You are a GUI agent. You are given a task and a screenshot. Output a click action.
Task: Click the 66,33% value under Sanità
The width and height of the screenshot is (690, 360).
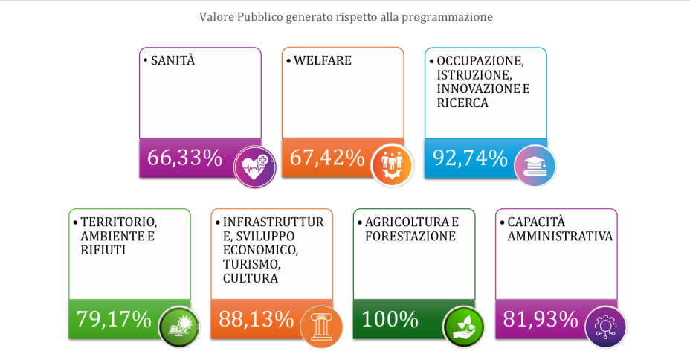point(184,158)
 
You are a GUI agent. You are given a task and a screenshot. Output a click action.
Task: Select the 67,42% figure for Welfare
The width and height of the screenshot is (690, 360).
point(327,158)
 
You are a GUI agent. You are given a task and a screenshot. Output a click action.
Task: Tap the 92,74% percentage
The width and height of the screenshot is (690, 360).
point(470,158)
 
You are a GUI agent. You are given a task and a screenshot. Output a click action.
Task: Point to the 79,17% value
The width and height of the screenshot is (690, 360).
point(114,319)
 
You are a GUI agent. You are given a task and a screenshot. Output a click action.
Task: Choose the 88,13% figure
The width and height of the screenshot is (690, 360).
point(256,319)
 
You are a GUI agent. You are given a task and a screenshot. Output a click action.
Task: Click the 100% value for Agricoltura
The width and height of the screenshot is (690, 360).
point(390,319)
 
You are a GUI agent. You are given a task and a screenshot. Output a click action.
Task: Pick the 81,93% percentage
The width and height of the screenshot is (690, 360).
point(541,319)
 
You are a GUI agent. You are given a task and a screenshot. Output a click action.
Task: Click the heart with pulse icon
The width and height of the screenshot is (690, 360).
point(255,167)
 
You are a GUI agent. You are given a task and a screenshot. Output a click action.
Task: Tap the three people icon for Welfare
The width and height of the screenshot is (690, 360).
point(392,165)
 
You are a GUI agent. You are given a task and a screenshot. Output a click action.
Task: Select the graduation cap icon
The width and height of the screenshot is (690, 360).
point(535,166)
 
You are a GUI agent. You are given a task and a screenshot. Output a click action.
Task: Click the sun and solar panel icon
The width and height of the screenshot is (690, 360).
point(179,327)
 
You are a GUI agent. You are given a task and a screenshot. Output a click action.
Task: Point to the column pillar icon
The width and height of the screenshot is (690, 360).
point(321,327)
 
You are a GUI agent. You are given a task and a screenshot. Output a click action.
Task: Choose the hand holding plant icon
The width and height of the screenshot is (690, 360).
point(463,327)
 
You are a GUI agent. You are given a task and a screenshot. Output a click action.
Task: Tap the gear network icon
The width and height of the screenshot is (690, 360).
point(606,327)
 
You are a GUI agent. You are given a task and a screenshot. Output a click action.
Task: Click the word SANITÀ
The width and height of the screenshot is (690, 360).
point(173,60)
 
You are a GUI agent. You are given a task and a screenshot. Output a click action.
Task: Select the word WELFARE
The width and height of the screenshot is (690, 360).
point(323,60)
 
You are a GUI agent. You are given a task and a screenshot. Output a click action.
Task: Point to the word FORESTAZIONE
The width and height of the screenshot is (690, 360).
point(410,237)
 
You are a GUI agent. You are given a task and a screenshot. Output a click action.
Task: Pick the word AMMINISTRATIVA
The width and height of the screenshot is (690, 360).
point(560,237)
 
